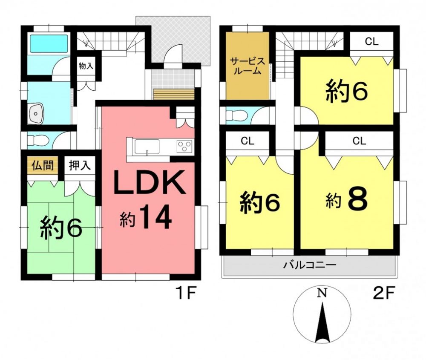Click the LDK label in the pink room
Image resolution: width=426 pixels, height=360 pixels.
point(150,183)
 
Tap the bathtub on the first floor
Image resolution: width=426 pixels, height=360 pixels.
point(49,43)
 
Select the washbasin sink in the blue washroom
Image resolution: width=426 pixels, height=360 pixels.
point(36,113)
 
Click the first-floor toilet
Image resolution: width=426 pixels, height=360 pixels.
point(38,141)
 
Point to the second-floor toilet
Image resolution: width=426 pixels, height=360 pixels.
point(236,116)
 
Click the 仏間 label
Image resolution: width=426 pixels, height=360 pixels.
point(42,165)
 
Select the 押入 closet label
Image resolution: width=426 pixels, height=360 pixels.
point(80,165)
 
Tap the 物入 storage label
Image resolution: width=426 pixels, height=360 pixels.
point(86,66)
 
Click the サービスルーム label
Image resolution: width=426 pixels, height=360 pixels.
point(248,66)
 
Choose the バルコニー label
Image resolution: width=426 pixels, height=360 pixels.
point(310,265)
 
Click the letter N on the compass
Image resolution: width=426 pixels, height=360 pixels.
point(322,293)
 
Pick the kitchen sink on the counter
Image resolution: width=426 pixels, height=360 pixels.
point(147,147)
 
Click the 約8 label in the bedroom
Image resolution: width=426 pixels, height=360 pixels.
point(347,200)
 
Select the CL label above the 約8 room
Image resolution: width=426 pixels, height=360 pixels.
point(359,141)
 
